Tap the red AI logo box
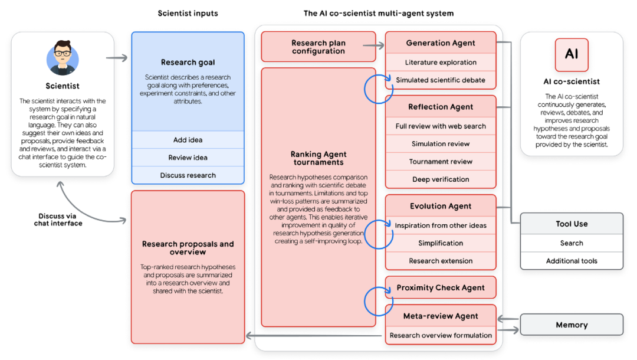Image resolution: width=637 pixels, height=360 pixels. click(x=572, y=55)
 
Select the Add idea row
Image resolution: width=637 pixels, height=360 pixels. click(x=188, y=140)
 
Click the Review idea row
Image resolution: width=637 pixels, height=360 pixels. click(x=188, y=158)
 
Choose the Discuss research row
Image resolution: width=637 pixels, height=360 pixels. click(x=188, y=175)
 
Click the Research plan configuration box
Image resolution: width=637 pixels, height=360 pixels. click(x=318, y=47)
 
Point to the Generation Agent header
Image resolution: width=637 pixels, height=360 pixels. click(x=441, y=43)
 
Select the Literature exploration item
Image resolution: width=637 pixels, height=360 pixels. click(x=441, y=62)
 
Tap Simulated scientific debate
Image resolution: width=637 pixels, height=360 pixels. click(x=441, y=80)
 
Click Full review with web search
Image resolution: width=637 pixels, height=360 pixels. click(x=441, y=126)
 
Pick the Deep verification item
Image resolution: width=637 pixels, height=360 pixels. click(x=441, y=179)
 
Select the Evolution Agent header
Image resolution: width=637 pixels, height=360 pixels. click(x=441, y=206)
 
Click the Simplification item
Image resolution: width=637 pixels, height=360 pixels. click(x=441, y=243)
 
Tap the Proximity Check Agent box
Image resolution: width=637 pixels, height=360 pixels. click(x=441, y=287)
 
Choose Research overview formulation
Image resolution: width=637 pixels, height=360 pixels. click(x=441, y=335)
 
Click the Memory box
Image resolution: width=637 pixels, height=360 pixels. click(x=571, y=325)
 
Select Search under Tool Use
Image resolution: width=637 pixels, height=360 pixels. click(x=571, y=243)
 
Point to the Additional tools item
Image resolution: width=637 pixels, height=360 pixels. click(x=571, y=261)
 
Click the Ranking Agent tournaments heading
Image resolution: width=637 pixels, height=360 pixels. click(x=318, y=158)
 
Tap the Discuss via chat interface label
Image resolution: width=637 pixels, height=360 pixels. click(x=58, y=220)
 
